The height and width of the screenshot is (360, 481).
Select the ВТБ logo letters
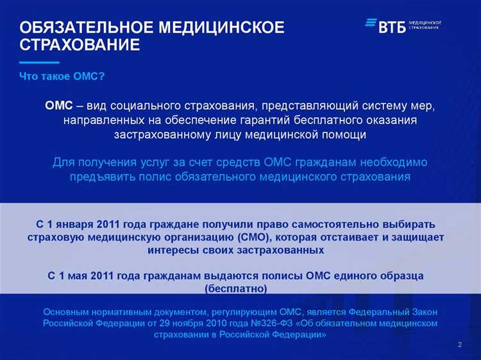pyautogui.click(x=392, y=26)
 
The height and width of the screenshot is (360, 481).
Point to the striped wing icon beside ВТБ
pyautogui.click(x=371, y=24)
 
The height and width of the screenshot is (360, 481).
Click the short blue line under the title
pyautogui.click(x=39, y=62)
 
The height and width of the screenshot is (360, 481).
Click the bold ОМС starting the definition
pyautogui.click(x=59, y=105)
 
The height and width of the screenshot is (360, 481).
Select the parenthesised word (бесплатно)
pyautogui.click(x=235, y=288)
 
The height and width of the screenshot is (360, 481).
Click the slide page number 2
pyautogui.click(x=460, y=346)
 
